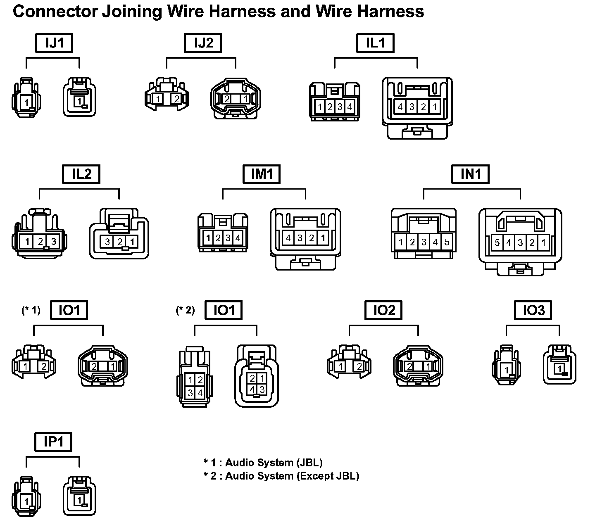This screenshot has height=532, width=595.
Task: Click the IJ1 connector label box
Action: pos(54,43)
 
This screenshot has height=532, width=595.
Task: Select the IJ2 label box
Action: pos(203,43)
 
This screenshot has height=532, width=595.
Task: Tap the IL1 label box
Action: pos(375,43)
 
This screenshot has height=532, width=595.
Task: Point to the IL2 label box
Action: pos(81,174)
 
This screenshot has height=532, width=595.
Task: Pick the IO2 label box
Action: pos(384,310)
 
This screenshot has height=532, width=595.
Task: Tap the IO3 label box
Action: pos(533,310)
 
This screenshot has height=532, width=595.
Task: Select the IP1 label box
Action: pos(53,442)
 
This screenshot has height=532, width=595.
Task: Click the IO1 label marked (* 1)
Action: pos(69,310)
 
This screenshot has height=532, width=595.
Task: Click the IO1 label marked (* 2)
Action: pos(224,310)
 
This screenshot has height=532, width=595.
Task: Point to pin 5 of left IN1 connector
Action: pos(447,242)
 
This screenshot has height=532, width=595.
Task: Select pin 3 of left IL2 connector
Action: pos(53,241)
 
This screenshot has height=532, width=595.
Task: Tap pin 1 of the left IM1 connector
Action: pos(208,238)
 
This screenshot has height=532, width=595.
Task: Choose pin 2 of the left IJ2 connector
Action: pos(176,99)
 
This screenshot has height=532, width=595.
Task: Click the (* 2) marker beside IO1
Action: pos(185,310)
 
